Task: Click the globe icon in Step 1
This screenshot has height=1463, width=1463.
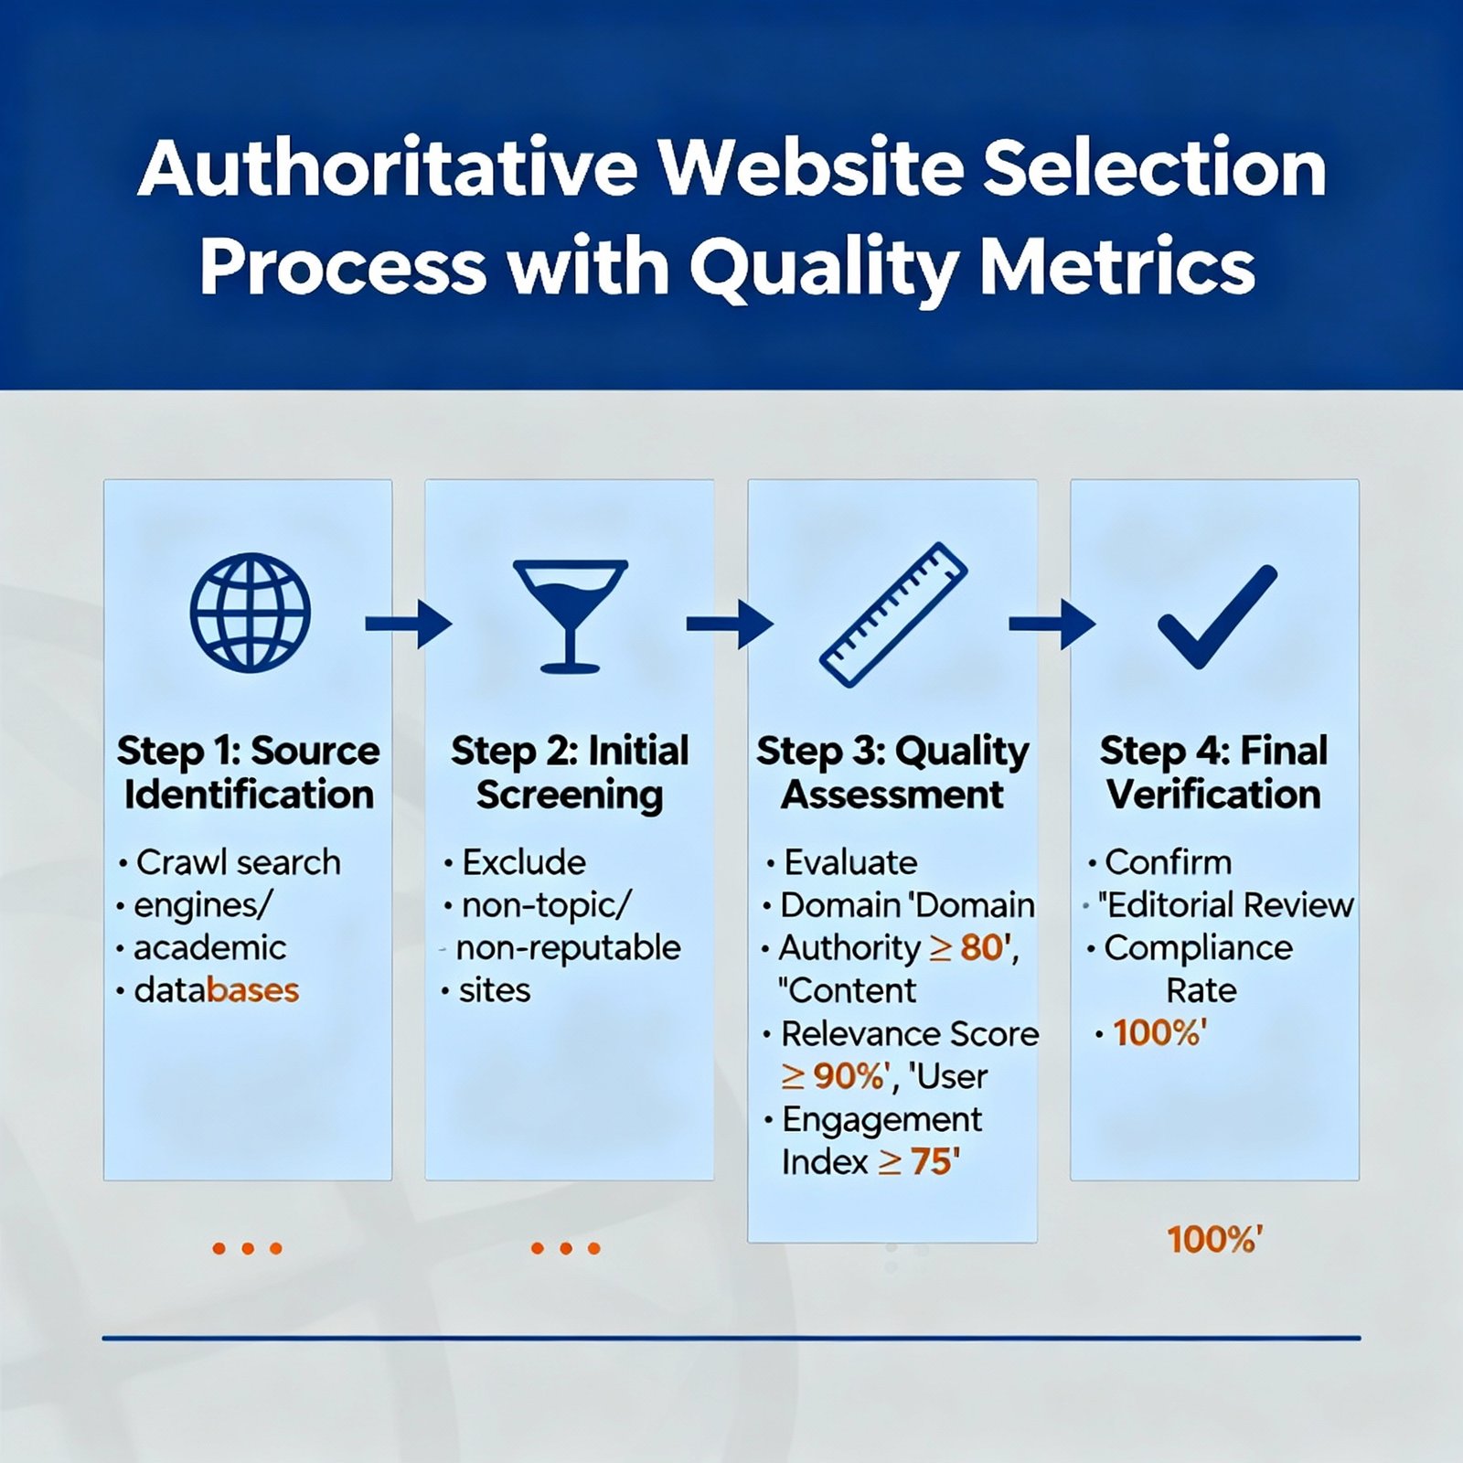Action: tap(250, 613)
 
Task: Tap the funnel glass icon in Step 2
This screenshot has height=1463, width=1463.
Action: tap(571, 615)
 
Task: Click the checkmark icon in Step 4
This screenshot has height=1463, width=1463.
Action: tap(1217, 616)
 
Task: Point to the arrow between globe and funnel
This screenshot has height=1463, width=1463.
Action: tap(409, 624)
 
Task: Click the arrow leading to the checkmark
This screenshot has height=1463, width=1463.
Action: tap(1052, 624)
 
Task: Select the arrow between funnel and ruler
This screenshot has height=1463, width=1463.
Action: tap(730, 624)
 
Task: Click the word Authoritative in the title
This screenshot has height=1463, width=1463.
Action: tap(387, 168)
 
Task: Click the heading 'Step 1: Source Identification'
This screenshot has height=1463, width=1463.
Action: tap(249, 773)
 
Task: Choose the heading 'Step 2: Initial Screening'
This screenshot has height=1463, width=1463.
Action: tap(570, 774)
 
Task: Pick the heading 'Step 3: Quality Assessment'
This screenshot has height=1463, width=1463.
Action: tap(892, 774)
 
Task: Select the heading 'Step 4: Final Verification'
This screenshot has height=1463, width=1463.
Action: tap(1213, 773)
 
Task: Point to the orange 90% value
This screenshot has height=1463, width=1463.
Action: tap(848, 1076)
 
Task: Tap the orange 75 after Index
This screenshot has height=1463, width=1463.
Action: tap(931, 1162)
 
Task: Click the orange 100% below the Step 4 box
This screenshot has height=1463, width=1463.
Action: tap(1212, 1241)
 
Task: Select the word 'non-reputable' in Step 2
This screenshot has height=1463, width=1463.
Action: tap(568, 948)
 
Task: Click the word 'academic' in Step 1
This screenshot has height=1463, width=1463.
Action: tap(209, 948)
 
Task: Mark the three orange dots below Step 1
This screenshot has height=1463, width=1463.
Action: tap(247, 1248)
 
